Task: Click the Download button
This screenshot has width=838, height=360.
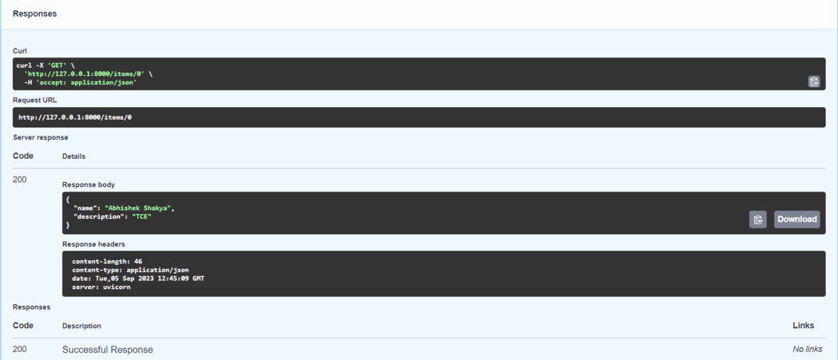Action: click(x=796, y=220)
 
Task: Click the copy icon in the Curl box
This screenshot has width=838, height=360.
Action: click(x=814, y=82)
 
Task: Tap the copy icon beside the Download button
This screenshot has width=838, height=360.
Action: click(x=758, y=220)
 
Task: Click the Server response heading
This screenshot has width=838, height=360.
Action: click(x=41, y=137)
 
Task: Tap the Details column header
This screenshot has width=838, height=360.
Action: click(x=73, y=156)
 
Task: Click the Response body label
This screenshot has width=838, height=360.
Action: click(x=88, y=184)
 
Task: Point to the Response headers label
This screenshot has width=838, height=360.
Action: click(x=93, y=244)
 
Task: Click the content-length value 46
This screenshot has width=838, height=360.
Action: click(x=138, y=262)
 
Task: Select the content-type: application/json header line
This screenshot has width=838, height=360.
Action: click(x=130, y=270)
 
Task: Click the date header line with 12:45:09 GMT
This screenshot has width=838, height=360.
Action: click(x=138, y=279)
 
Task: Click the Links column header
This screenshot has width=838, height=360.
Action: click(x=803, y=325)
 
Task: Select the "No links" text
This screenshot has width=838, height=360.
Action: click(x=808, y=350)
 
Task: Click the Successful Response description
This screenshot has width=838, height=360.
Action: click(x=108, y=350)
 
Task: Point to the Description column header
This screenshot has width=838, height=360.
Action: click(x=81, y=326)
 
